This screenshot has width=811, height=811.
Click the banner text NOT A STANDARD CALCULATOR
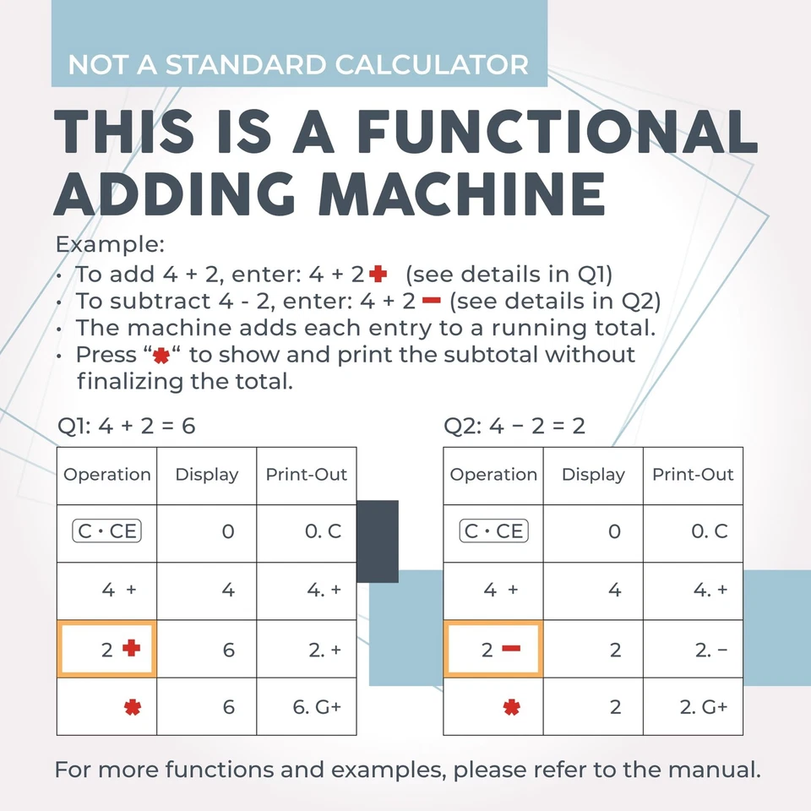point(298,64)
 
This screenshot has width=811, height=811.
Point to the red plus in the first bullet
point(378,274)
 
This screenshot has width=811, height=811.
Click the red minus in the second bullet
point(432,301)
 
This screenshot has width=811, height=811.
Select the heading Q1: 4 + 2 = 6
point(126,426)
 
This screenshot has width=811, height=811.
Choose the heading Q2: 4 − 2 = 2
point(514,426)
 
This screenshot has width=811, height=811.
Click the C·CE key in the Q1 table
point(107,531)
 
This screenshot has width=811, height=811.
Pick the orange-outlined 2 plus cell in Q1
point(106,649)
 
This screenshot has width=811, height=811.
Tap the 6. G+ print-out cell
point(307,706)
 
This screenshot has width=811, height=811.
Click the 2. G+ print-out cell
point(693,706)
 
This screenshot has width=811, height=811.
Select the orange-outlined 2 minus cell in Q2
point(493,649)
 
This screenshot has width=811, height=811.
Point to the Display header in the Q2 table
point(593,475)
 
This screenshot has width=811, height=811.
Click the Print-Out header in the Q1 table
point(307,475)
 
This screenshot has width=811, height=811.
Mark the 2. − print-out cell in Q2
point(693,649)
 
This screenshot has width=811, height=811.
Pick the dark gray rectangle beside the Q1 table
point(378,541)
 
